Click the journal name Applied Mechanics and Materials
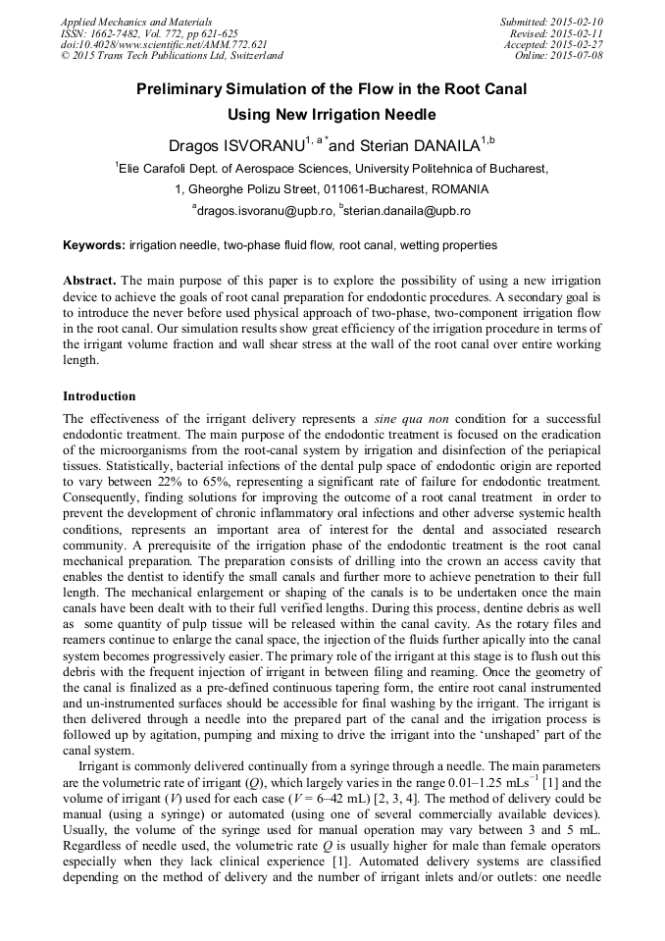(x=135, y=22)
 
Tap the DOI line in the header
(x=164, y=45)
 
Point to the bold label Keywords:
(x=94, y=245)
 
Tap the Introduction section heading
(x=99, y=396)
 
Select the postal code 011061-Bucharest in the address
(x=339, y=189)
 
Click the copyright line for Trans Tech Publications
(x=172, y=56)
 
